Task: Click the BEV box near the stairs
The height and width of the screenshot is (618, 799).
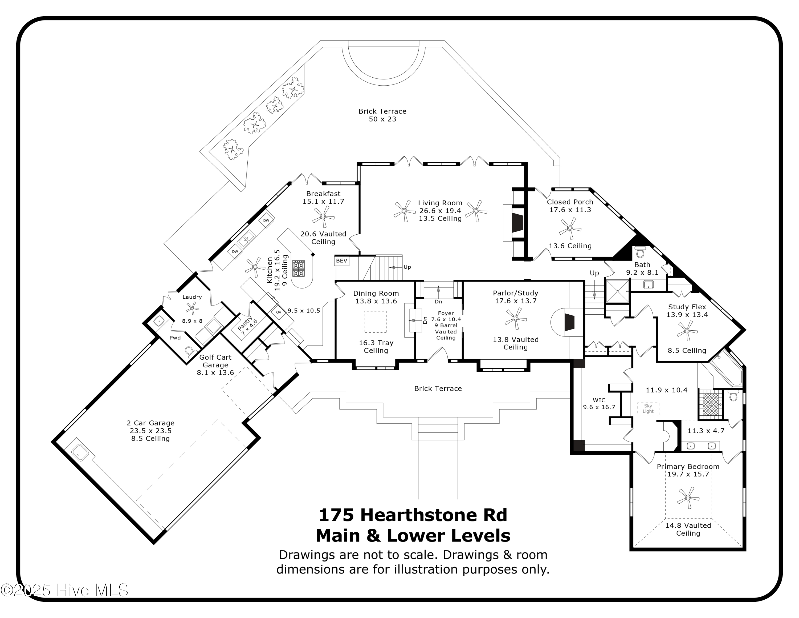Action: [x=342, y=261]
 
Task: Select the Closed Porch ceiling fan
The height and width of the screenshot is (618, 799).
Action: [x=570, y=228]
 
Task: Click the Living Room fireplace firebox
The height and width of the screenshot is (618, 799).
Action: [x=517, y=223]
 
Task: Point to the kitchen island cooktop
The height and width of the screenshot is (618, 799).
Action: [x=299, y=268]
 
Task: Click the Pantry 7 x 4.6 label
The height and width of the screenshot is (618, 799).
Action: [x=247, y=326]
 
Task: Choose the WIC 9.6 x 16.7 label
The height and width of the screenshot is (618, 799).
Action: [x=599, y=403]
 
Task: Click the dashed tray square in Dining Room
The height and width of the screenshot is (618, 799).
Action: [x=375, y=322]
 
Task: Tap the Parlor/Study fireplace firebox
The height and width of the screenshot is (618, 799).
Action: [x=570, y=322]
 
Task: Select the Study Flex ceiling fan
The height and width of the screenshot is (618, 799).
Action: [x=687, y=331]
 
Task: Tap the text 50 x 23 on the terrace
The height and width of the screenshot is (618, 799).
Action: [x=382, y=119]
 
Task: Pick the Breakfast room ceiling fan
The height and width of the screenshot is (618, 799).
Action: [x=323, y=216]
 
